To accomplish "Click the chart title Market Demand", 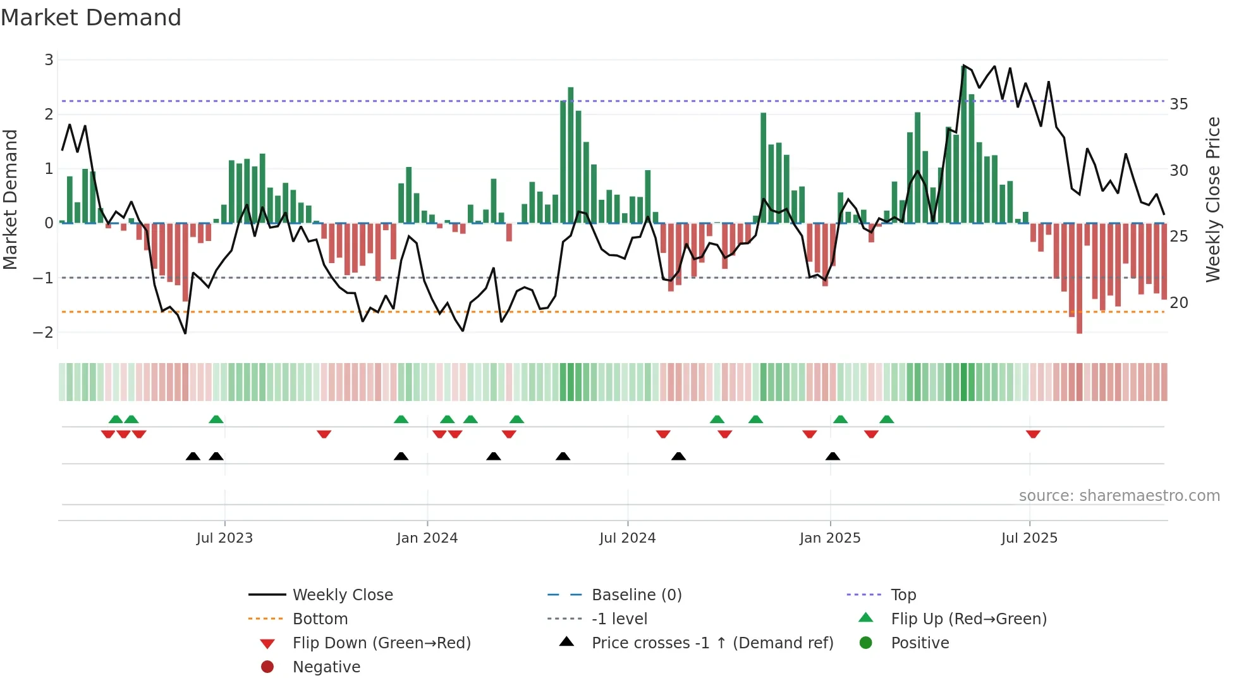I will click(x=91, y=18).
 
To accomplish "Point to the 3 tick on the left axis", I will click(x=49, y=60).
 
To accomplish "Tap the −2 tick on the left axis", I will click(x=44, y=332).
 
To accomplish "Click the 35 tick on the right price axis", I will click(x=1178, y=104).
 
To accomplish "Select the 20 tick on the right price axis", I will click(x=1178, y=303).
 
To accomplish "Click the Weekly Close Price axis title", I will click(x=1212, y=199).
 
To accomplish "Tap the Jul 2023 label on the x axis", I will click(x=224, y=538).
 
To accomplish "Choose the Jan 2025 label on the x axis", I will click(x=829, y=538).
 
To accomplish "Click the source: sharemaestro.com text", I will click(x=1119, y=496).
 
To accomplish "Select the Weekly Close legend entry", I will click(x=342, y=595).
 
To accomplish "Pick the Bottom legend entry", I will click(x=320, y=619).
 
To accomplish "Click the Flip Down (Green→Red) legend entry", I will click(x=381, y=643).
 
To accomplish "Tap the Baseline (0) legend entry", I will click(x=636, y=595).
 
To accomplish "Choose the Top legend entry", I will click(x=903, y=595).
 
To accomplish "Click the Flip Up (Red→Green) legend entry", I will click(x=968, y=619).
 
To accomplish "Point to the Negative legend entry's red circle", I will click(x=267, y=667).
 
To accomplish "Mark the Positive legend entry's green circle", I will click(x=866, y=643).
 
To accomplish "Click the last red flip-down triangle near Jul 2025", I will click(x=1033, y=434).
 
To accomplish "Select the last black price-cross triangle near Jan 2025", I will click(x=833, y=456).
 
